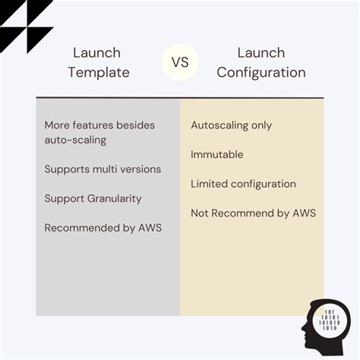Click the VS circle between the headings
180,62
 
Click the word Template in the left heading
99,73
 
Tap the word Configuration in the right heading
261,73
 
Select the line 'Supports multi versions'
103,169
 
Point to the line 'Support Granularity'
93,199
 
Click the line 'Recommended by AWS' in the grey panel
103,228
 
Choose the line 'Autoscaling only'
232,125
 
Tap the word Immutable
217,154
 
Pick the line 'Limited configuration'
243,184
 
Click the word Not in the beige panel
200,213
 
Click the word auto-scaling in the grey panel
75,140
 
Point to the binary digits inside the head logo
330,320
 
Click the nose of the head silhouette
303,328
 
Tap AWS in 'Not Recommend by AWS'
305,213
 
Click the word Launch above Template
96,53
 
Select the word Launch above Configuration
261,53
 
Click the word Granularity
115,199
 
